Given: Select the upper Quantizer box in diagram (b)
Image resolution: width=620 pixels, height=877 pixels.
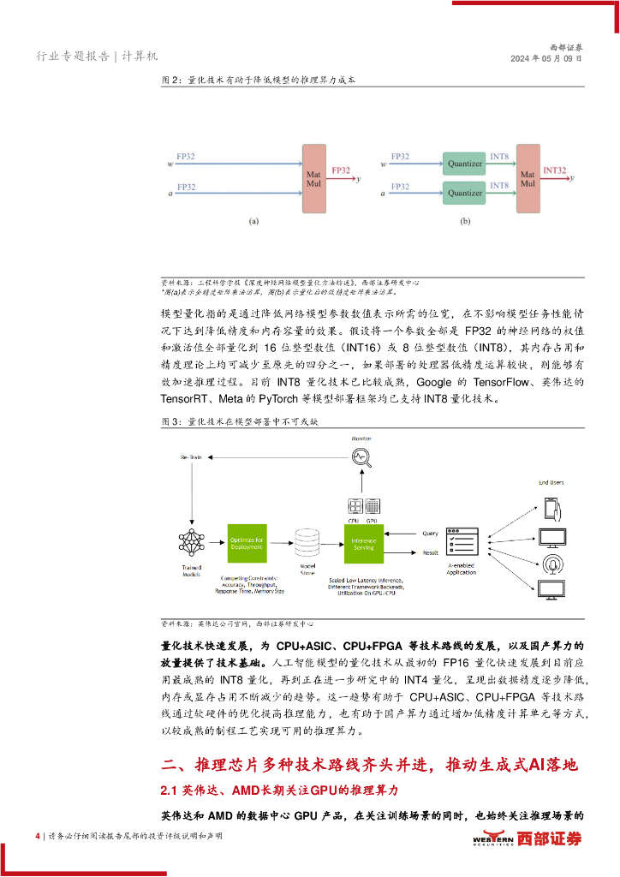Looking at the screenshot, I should point(466,160).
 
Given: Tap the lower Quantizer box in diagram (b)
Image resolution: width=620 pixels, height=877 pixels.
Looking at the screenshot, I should point(466,192).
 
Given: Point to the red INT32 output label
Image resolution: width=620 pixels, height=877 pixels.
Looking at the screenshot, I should point(555,170).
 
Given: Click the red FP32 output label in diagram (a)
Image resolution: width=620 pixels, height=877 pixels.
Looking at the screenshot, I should point(340,171).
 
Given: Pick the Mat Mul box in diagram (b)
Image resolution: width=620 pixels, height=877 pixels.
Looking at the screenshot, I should point(528,178).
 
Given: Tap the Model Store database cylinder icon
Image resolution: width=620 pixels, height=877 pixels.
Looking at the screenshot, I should point(307,541).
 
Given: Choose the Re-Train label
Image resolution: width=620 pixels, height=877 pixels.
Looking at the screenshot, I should point(189,457).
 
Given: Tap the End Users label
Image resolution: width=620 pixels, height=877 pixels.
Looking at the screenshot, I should point(551,483).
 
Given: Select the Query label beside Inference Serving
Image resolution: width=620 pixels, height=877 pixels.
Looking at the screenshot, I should point(430,534).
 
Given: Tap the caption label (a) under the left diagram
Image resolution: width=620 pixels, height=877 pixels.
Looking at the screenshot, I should point(253,221).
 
